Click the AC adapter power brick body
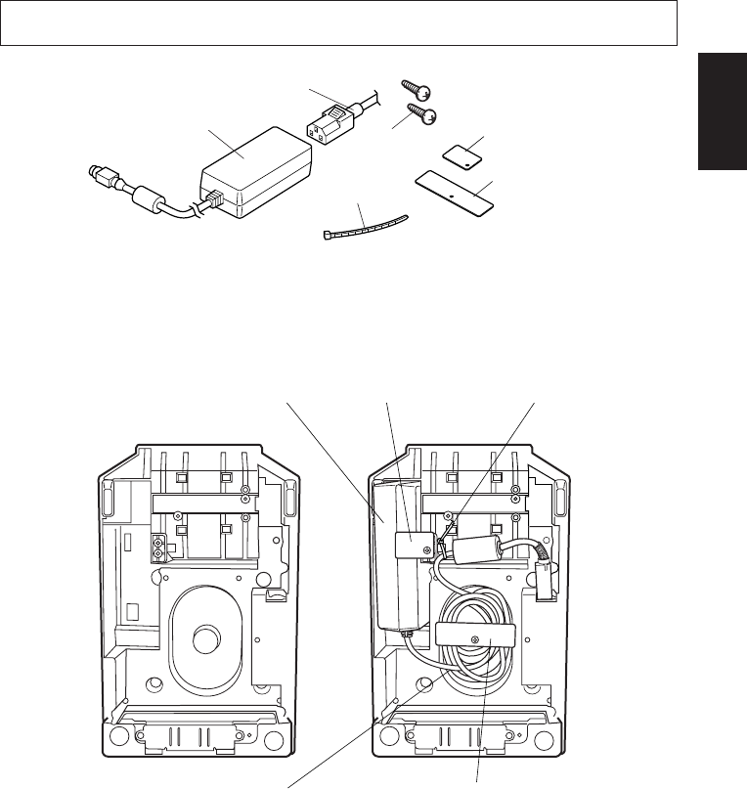pos(256,171)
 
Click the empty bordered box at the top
pos(339,22)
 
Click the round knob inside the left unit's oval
pos(207,639)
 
